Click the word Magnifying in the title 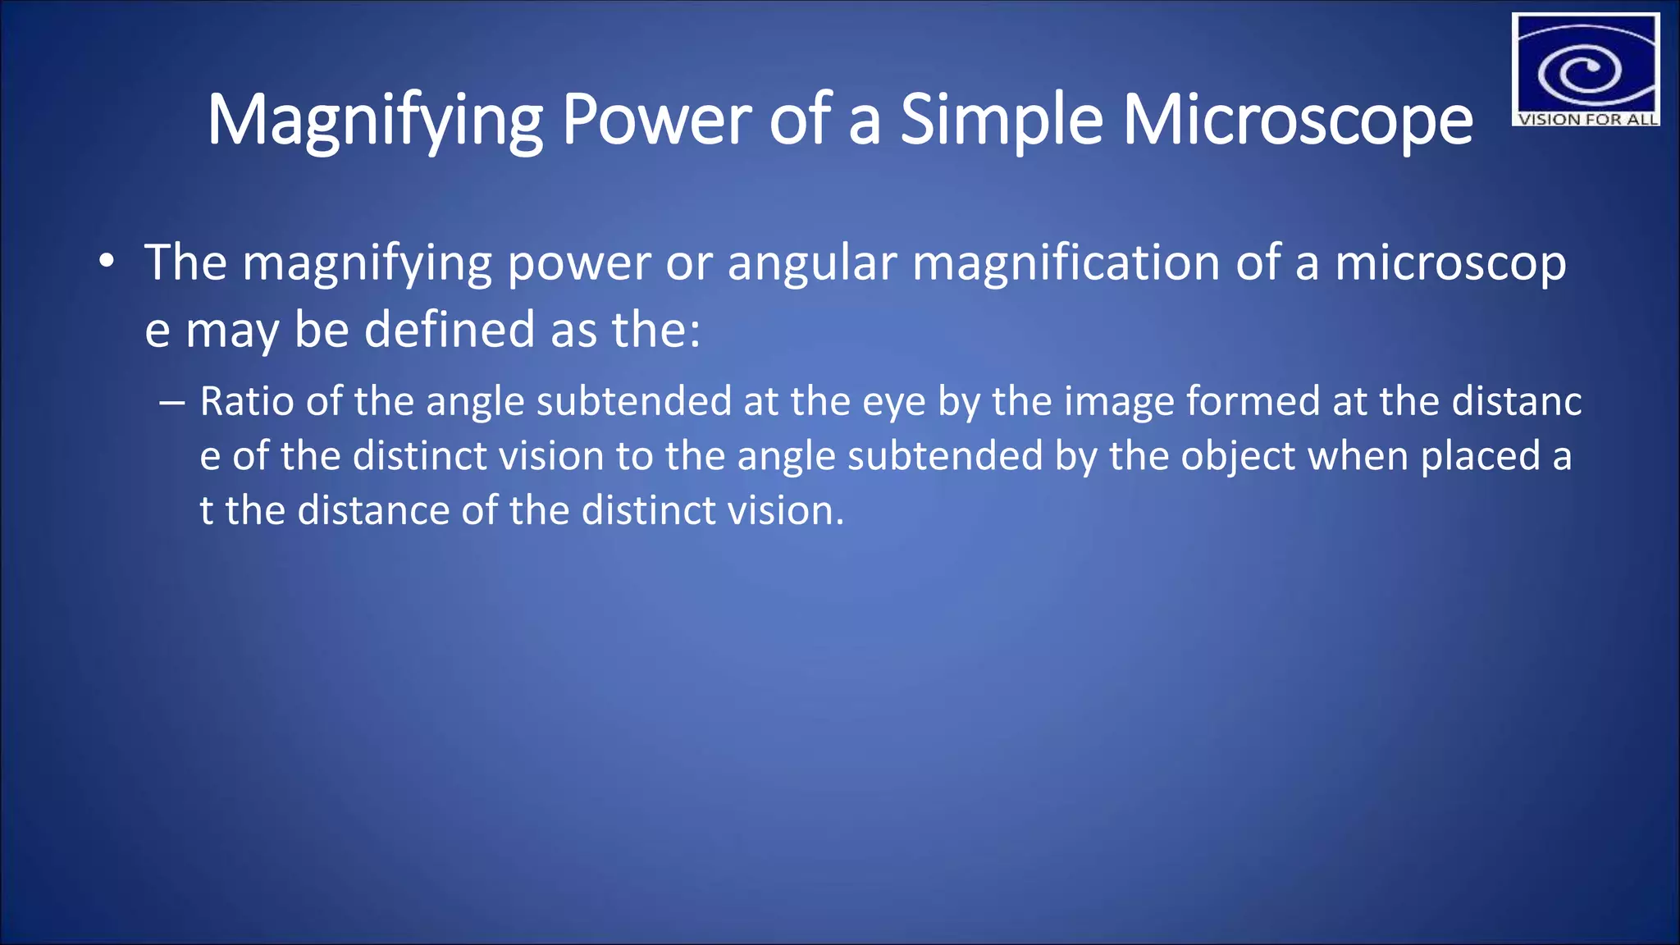coord(373,121)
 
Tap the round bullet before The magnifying coord(106,262)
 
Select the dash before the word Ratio coord(171,403)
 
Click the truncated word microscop coord(1450,264)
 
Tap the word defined coord(450,330)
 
